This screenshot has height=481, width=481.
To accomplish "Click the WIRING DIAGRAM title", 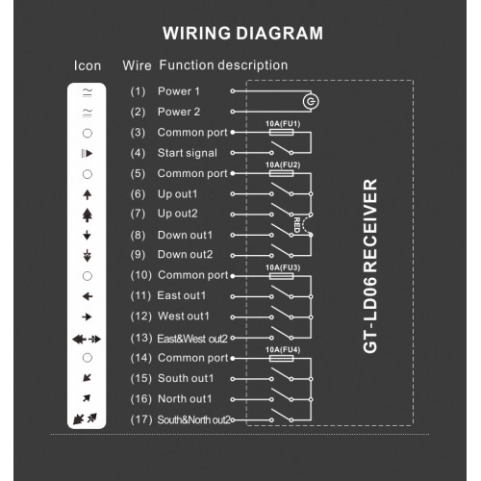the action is tap(242, 33).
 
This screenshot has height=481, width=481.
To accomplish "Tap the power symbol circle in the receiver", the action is tap(311, 102).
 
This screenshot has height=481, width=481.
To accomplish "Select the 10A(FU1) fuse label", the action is tap(283, 124).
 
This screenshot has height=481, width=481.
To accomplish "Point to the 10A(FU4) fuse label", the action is tap(283, 349).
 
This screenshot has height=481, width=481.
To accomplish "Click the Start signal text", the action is tap(188, 153).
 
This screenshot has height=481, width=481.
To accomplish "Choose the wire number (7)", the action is tap(138, 214).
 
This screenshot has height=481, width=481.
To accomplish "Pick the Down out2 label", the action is tap(185, 254).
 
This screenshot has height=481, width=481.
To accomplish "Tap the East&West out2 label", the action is tap(192, 339).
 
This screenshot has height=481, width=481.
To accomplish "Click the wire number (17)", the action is tap(141, 419).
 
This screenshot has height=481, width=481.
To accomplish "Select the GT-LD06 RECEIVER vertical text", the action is tap(370, 266).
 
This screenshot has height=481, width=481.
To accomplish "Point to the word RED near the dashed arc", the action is tap(297, 225).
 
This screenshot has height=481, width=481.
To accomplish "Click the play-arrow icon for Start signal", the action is tap(87, 154).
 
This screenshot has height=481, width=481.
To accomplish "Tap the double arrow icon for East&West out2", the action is tap(87, 339).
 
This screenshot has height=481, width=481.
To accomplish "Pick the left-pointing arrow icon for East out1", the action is tap(88, 296).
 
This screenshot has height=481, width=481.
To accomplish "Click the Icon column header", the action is tap(88, 65).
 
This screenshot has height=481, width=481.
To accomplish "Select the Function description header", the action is tap(223, 65).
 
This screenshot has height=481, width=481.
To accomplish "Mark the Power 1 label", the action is tap(179, 91).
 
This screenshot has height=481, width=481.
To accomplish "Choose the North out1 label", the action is tap(185, 399).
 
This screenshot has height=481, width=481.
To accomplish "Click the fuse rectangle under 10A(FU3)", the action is tap(281, 276).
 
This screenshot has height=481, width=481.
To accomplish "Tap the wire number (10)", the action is tap(141, 275).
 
